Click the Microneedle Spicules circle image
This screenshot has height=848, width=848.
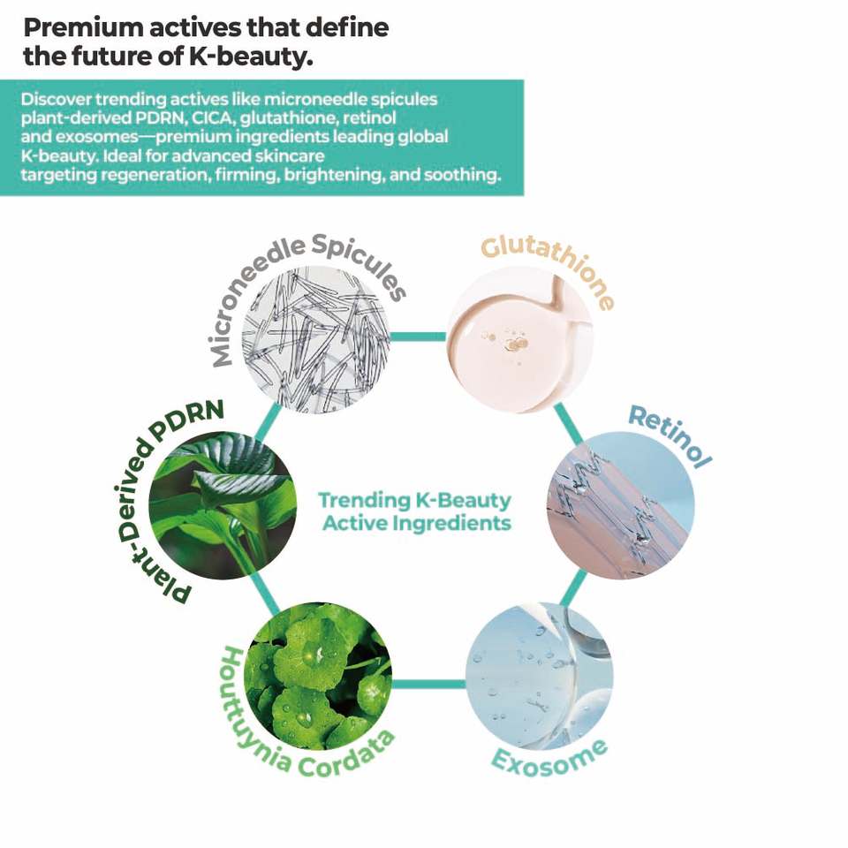pos(315,339)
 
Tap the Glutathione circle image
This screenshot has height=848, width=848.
pos(520,339)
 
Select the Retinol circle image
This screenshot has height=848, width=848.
pos(621,506)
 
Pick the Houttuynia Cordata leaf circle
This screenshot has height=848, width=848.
pos(317,676)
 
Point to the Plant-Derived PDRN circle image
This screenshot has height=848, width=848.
pos(223,505)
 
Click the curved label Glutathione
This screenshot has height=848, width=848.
pos(549,265)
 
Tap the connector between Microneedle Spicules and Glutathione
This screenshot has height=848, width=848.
pos(418,337)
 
